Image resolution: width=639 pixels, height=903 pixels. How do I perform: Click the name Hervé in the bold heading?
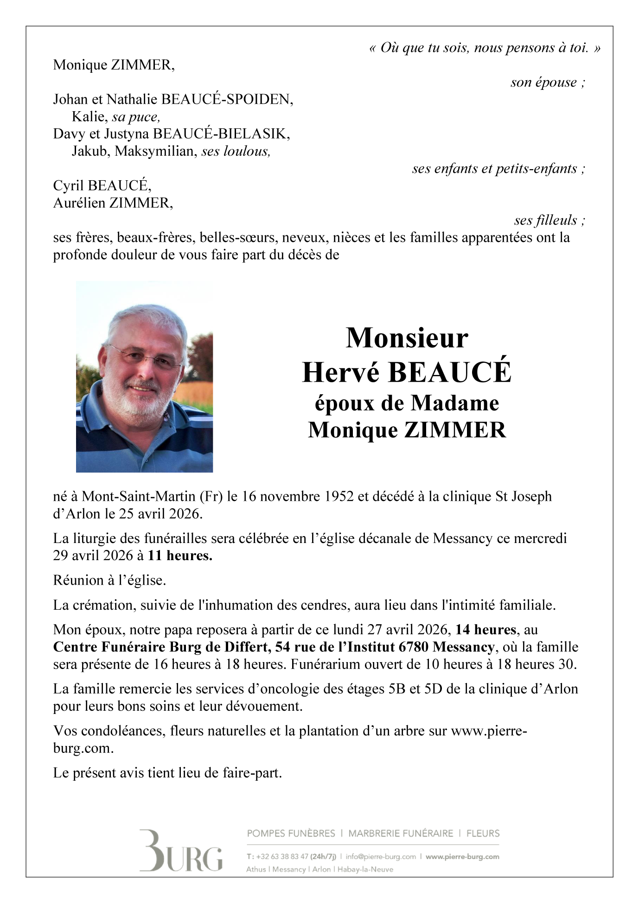coord(340,372)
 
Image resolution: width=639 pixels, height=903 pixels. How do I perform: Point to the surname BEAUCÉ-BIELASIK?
coord(221,134)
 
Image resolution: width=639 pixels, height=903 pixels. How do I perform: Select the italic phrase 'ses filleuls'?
coord(545,220)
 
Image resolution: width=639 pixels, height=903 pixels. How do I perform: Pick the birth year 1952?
coord(339,496)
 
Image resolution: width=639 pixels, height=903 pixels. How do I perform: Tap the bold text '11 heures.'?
coord(180,555)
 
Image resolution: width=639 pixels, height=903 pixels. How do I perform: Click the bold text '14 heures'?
coord(486,630)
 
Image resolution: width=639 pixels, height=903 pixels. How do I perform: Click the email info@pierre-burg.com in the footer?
coord(381,857)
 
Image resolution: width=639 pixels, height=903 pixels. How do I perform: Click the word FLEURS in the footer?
coord(483,834)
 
